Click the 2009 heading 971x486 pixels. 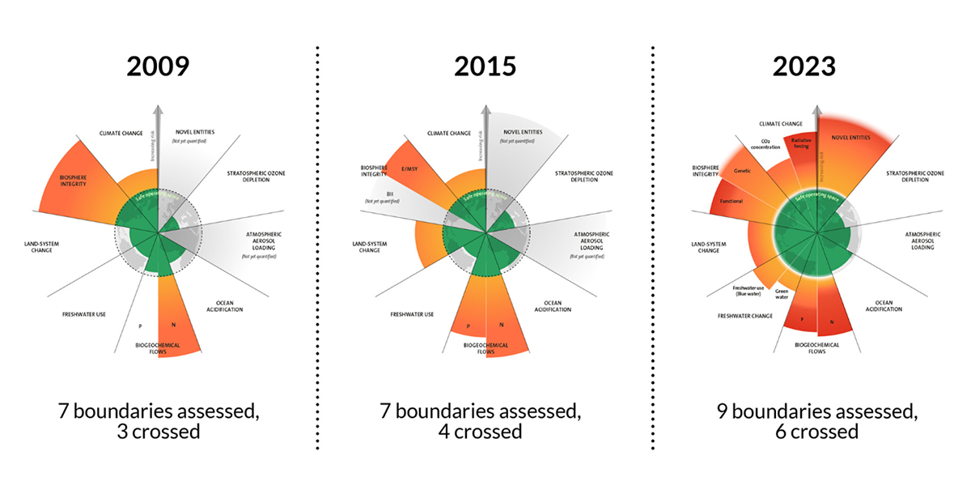pos(158,66)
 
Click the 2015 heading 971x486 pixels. pos(485,66)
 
